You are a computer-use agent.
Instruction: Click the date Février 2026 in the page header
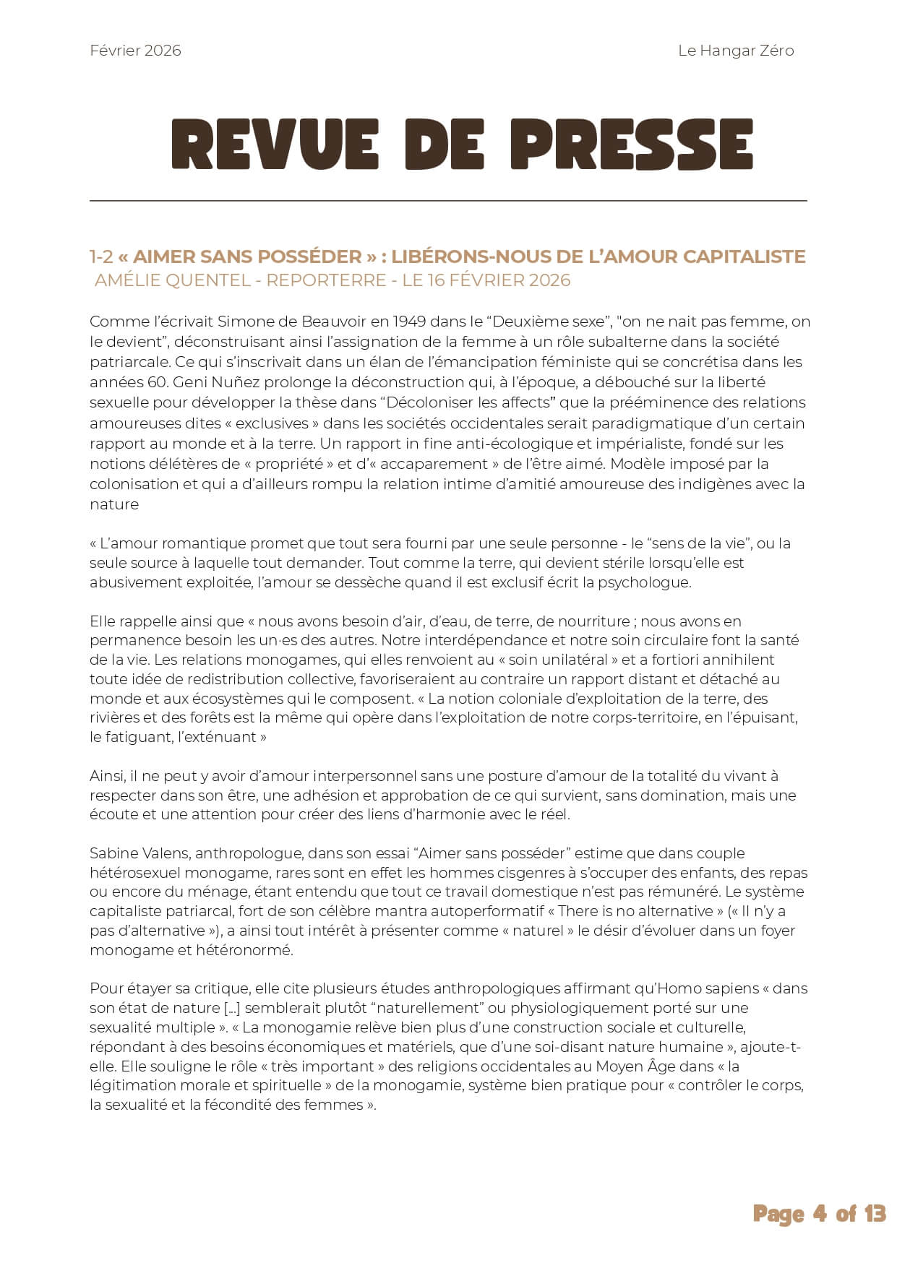135,51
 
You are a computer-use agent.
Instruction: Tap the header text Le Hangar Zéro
736,51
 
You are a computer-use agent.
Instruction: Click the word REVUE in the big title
275,145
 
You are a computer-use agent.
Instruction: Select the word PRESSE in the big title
632,145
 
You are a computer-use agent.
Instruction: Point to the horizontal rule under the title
448,200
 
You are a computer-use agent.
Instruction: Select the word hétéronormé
244,950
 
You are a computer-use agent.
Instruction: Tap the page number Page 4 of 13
819,1214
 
